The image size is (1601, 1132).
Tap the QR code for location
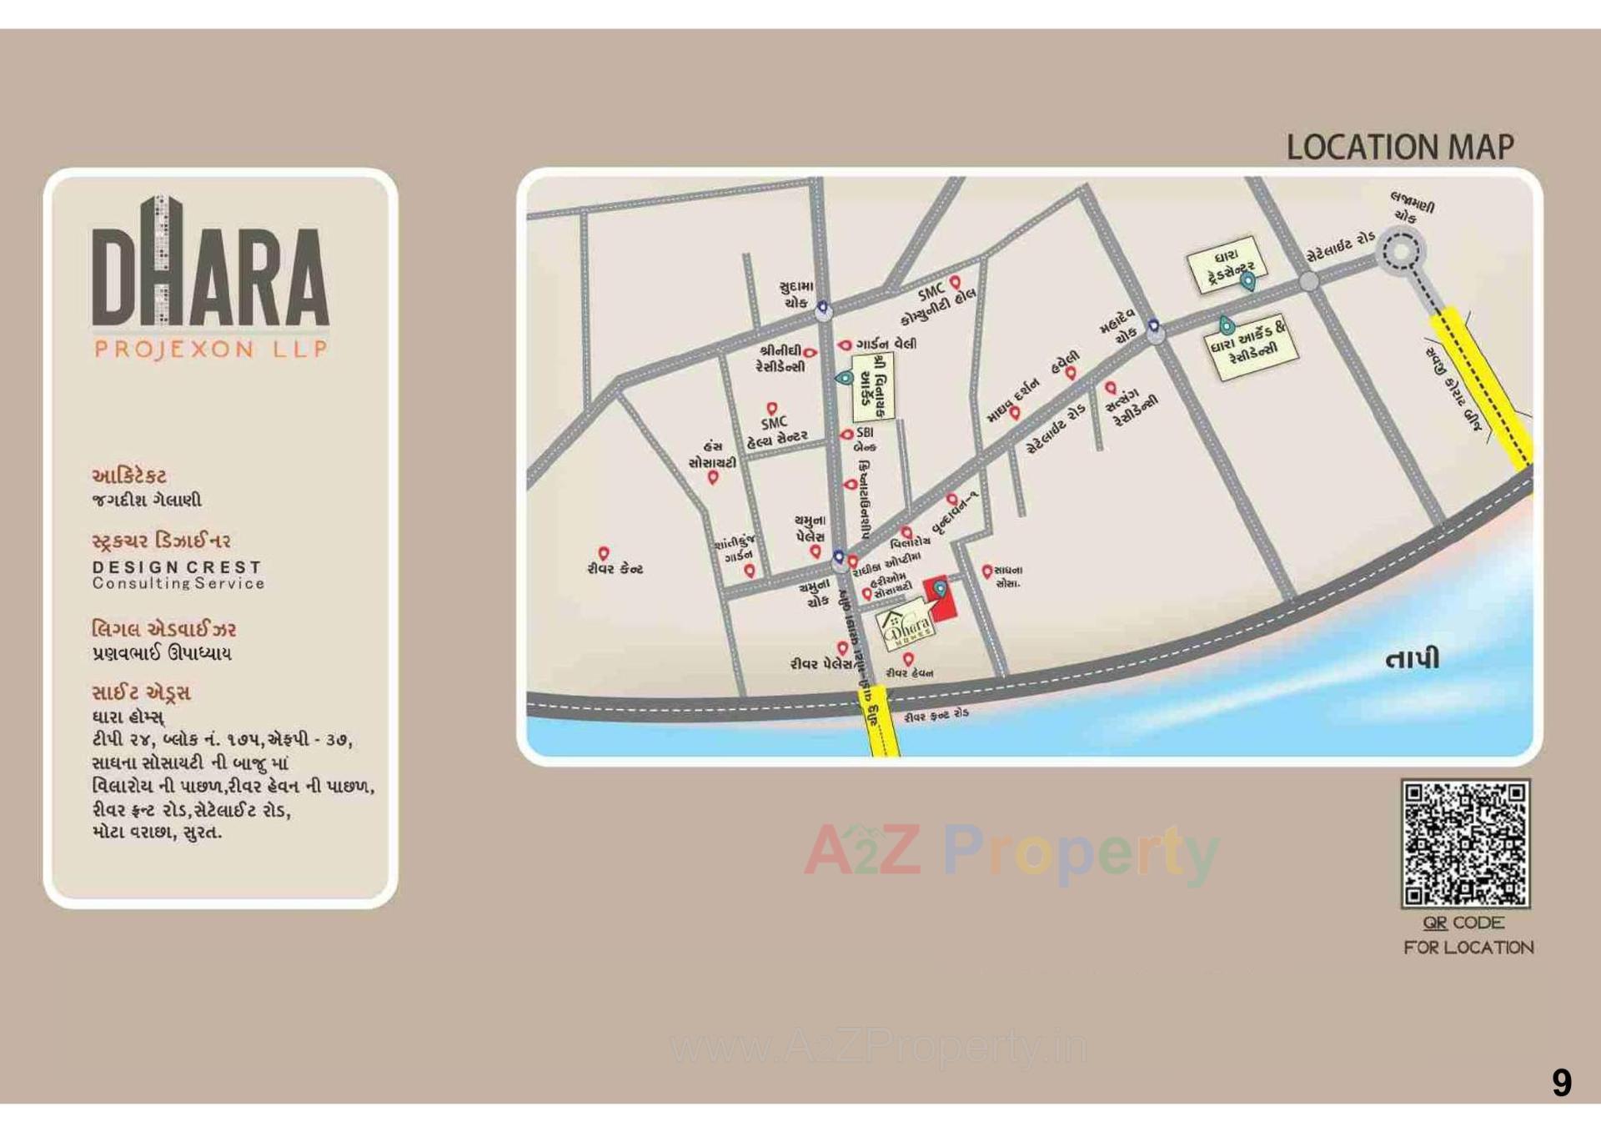tap(1465, 843)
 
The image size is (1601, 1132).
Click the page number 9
tap(1561, 1083)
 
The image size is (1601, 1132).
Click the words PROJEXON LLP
tap(211, 349)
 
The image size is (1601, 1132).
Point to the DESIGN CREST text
tap(177, 567)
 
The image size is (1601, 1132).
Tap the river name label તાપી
tap(1412, 660)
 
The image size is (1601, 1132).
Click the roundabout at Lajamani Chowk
tap(1401, 250)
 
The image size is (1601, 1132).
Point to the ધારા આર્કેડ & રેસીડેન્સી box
tap(1252, 345)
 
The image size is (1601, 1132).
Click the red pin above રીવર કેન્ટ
tap(604, 553)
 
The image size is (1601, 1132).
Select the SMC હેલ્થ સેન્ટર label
tap(776, 430)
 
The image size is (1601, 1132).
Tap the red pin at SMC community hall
tap(956, 283)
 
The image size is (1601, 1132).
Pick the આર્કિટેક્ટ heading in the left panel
tap(129, 476)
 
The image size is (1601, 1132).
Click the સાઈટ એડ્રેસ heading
tap(141, 692)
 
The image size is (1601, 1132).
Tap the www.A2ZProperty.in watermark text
tap(879, 1048)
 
